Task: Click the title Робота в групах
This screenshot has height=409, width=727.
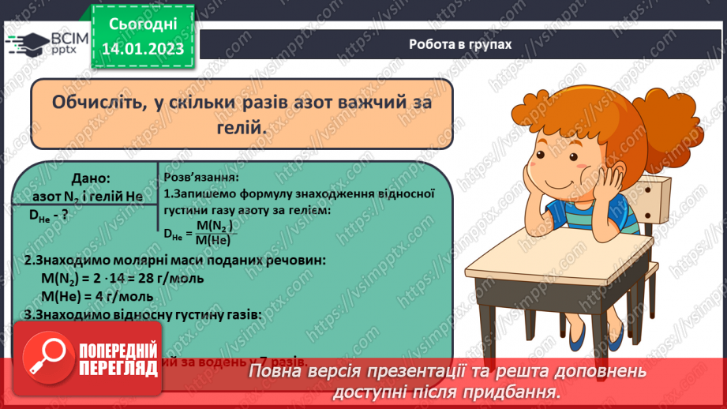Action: (460, 44)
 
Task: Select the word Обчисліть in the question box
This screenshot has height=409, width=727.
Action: (92, 103)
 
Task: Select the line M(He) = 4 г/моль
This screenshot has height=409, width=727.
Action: (99, 296)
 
